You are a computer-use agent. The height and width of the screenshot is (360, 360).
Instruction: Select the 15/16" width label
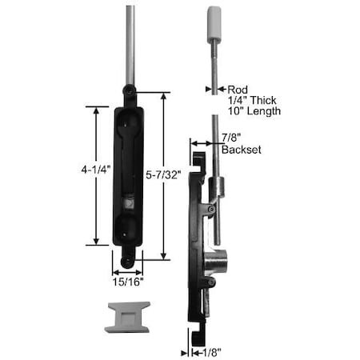tap(126, 282)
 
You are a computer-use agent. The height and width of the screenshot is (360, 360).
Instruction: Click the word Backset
tap(242, 150)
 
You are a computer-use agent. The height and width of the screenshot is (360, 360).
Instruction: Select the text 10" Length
tap(254, 111)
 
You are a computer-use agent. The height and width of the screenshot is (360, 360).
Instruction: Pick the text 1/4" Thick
tap(254, 101)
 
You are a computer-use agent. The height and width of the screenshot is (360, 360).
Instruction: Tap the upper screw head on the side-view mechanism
tap(210, 209)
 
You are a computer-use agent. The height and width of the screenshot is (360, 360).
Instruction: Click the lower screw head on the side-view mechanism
tap(210, 280)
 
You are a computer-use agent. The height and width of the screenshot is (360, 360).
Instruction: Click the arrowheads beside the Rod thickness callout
tap(214, 90)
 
